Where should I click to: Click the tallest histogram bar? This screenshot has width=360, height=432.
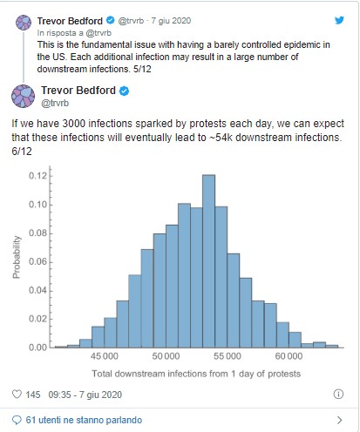(x=208, y=261)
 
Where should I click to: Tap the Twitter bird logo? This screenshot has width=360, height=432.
(x=339, y=20)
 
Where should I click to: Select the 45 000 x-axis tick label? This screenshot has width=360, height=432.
(x=104, y=356)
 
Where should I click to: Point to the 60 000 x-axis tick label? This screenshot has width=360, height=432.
(x=289, y=356)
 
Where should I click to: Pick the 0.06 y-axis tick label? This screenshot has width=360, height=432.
(x=37, y=261)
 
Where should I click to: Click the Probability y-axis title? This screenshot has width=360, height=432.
(x=17, y=257)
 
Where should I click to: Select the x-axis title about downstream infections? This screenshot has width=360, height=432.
(x=196, y=374)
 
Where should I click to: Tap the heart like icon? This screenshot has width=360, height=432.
(x=17, y=394)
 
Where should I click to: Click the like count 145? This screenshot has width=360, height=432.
(x=33, y=395)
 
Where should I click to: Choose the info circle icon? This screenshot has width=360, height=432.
(x=338, y=394)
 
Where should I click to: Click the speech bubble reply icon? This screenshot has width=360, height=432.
(x=17, y=420)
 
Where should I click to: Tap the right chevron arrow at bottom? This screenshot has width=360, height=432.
(x=339, y=420)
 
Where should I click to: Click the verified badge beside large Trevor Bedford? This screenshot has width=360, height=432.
(x=125, y=91)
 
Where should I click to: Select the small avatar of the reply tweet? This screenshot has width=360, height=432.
(x=24, y=23)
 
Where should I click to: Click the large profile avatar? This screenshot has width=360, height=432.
(x=24, y=96)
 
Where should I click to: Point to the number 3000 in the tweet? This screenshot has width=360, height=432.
(x=73, y=124)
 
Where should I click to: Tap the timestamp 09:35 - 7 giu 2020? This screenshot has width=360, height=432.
(x=85, y=395)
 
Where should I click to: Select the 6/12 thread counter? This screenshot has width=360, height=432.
(x=22, y=152)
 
